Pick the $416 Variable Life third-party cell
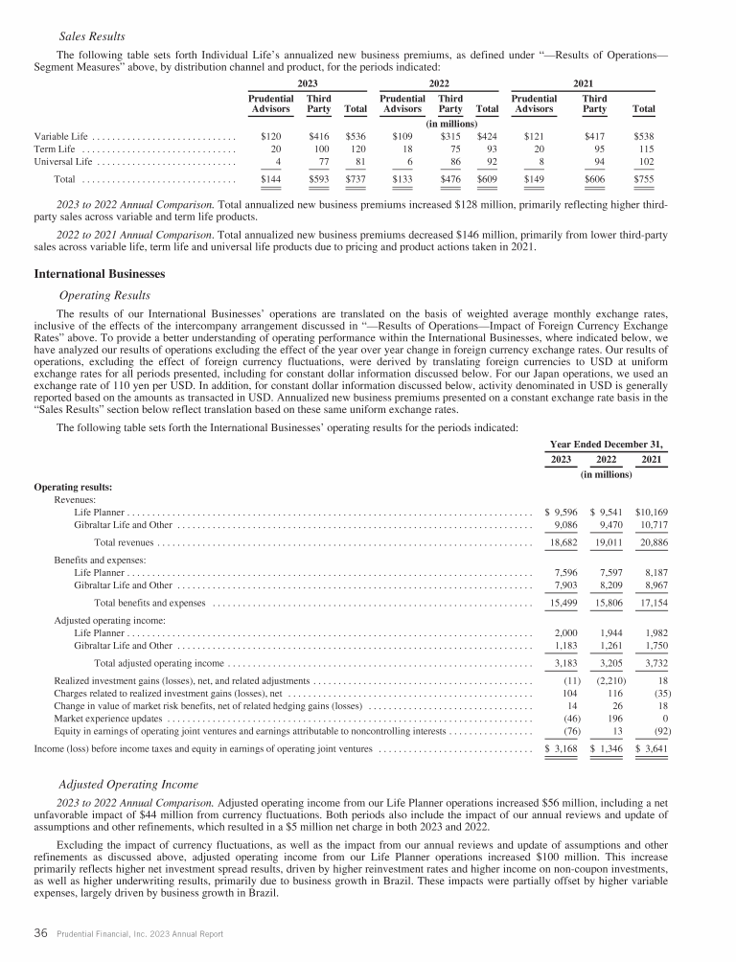click(319, 136)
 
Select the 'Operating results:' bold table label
click(73, 487)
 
